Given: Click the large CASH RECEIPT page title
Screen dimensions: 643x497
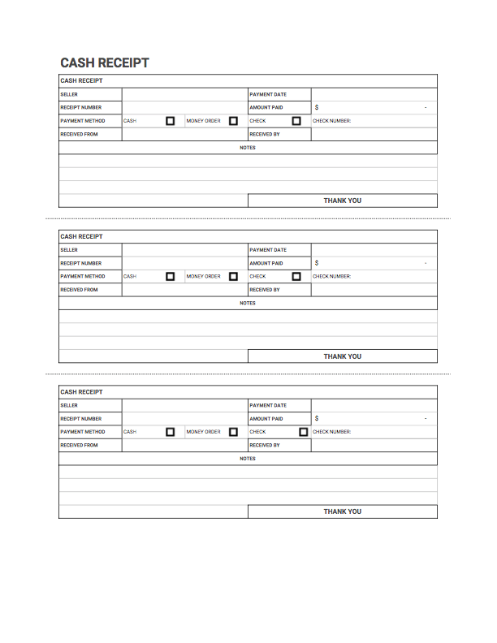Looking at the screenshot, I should (105, 63).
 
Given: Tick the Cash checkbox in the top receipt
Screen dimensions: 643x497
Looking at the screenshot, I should (171, 121).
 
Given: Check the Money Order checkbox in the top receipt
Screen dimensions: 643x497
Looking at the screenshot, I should (233, 121).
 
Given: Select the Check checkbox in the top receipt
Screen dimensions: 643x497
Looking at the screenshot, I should (296, 121).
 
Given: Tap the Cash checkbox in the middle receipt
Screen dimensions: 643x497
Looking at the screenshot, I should (171, 277).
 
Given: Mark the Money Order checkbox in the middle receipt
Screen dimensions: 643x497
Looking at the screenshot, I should (233, 277).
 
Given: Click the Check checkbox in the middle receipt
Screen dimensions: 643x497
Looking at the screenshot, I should (296, 277).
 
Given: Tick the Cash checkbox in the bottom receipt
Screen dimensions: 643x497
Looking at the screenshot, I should (171, 432).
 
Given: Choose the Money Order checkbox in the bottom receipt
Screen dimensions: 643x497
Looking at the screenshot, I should (233, 432).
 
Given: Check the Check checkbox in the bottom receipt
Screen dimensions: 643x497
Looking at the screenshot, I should (303, 432).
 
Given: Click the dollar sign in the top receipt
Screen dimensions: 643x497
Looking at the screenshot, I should (317, 107).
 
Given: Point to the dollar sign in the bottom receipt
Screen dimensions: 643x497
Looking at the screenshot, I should (317, 419).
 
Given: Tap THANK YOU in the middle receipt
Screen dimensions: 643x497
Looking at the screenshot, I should (342, 356).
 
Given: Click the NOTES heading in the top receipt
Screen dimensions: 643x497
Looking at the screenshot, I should (248, 148).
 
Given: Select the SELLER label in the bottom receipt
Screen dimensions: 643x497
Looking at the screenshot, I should (69, 406).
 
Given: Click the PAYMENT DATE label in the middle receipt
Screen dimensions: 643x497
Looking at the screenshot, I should (268, 250).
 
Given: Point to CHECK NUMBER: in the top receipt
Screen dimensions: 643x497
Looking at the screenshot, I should (331, 121).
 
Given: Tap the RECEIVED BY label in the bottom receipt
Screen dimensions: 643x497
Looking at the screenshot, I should (265, 445).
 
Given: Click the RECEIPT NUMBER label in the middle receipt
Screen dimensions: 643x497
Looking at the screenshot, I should (80, 263).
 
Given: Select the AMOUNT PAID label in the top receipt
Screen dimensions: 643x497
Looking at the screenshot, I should (266, 107).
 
